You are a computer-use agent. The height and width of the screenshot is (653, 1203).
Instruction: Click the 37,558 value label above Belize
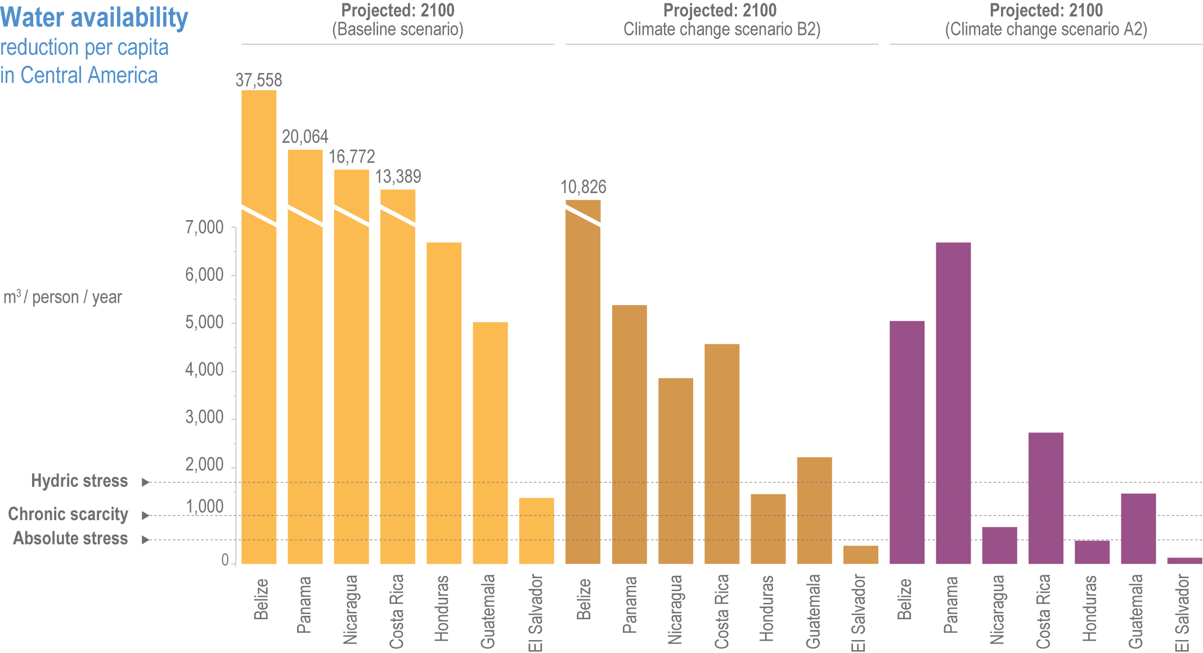click(x=259, y=80)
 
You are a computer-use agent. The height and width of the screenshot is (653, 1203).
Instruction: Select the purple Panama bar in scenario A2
click(x=953, y=402)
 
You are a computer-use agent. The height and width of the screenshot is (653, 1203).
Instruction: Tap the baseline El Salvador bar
click(x=536, y=530)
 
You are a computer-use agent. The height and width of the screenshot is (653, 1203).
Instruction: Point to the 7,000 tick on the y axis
click(x=204, y=227)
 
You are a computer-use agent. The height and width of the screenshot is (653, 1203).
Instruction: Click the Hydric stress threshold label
click(x=79, y=481)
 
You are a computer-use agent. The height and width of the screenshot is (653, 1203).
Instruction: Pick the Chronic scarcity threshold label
click(x=68, y=514)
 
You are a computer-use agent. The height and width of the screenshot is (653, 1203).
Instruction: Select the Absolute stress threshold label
click(x=70, y=539)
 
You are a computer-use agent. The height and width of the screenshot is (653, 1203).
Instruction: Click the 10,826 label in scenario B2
click(x=583, y=187)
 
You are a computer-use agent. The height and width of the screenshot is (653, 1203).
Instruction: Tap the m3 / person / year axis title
click(x=62, y=297)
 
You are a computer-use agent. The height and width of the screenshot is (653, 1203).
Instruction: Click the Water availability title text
click(x=94, y=18)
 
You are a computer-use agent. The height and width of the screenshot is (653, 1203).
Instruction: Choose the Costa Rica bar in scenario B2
click(x=722, y=453)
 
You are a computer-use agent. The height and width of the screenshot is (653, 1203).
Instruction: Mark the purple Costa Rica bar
click(x=1045, y=498)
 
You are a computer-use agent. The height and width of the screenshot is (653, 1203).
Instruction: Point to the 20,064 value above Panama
click(x=305, y=137)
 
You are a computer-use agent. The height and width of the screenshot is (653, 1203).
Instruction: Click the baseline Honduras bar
click(x=444, y=402)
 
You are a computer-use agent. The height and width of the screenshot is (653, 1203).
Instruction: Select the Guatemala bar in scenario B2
click(x=814, y=510)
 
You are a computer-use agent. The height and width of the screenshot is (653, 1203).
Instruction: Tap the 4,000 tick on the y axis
click(x=204, y=370)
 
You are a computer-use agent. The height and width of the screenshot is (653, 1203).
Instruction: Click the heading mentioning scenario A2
click(x=1046, y=20)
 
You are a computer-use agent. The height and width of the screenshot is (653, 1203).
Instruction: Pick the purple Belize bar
click(x=906, y=442)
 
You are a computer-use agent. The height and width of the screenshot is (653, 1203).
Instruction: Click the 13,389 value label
click(x=398, y=177)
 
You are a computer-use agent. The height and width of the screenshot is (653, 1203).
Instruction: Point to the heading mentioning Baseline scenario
click(x=398, y=20)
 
